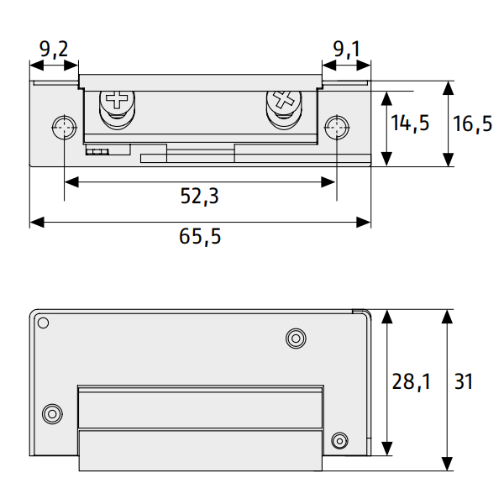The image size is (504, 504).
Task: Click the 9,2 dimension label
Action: coord(54,50)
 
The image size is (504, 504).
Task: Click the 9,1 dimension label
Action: coord(345,50)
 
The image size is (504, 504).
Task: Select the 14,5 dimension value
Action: coord(410,123)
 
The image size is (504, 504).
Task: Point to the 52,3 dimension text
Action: coord(199,196)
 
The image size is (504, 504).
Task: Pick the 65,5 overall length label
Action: coord(200,236)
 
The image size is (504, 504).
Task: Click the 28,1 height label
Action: coord(411,382)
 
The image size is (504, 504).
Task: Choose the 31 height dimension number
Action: coord(463,382)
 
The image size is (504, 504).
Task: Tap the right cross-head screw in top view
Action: coord(284,102)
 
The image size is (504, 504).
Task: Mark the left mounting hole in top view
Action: coord(64,129)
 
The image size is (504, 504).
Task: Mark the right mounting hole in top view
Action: coord(336,129)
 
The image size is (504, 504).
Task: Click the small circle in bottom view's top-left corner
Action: coord(44,323)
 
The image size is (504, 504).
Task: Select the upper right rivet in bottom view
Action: coord(295,338)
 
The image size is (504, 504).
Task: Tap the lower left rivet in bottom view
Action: coord(52,413)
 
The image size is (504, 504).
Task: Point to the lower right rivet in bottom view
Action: coord(339,440)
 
